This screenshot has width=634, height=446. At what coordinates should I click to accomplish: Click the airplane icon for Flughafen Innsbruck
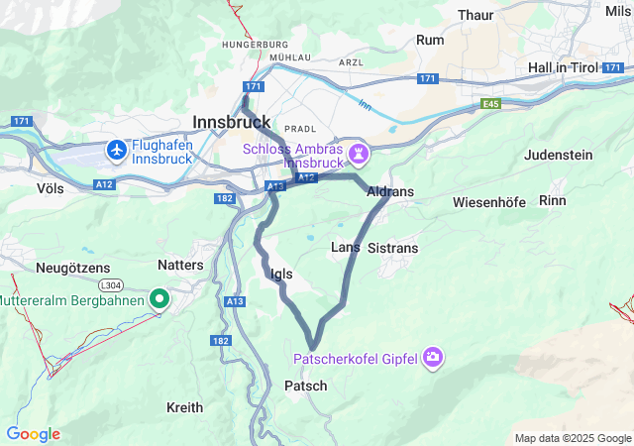118,150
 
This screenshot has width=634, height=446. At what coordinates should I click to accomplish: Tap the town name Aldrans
389,191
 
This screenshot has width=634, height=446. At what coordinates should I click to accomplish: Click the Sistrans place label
392,248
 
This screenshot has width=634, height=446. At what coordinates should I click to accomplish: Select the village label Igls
281,274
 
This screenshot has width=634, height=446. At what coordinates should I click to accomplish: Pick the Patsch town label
305,385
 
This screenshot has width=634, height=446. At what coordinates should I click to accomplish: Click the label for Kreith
184,407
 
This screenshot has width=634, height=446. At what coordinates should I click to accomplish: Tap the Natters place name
180,265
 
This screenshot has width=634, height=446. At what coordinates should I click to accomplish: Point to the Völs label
50,186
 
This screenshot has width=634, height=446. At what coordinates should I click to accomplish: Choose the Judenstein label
558,155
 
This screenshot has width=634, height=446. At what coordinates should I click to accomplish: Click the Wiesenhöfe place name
488,202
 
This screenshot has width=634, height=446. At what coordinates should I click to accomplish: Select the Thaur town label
476,15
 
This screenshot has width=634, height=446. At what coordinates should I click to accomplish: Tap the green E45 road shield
491,102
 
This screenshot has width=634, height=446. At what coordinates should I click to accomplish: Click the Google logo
33,434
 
